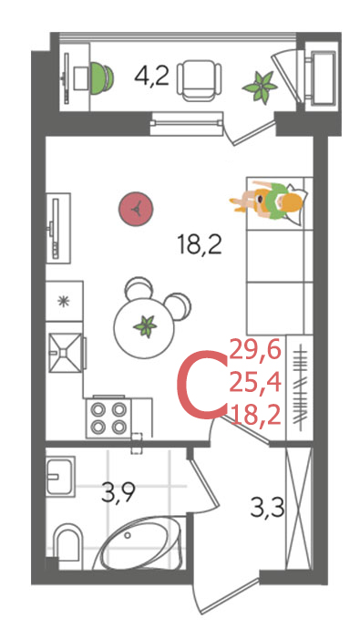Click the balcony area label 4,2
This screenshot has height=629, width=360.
click(151, 77)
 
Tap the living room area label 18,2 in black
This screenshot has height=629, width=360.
click(200, 245)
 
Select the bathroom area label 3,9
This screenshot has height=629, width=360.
click(118, 493)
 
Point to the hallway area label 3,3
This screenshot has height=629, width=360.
click(267, 508)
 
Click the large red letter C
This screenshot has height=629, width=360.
click(201, 385)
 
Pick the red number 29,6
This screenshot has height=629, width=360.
click(255, 352)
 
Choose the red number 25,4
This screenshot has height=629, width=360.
click(255, 384)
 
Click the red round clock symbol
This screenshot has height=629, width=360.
click(137, 209)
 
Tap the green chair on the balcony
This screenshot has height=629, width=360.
click(102, 77)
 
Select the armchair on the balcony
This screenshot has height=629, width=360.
click(200, 80)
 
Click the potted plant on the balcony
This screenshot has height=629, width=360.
click(260, 87)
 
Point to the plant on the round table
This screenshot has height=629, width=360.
click(145, 326)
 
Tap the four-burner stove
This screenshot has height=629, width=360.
click(108, 417)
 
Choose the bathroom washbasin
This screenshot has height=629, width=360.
click(60, 476)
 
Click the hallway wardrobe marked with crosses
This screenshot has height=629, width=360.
click(298, 509)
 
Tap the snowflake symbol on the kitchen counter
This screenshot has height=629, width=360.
click(63, 301)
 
